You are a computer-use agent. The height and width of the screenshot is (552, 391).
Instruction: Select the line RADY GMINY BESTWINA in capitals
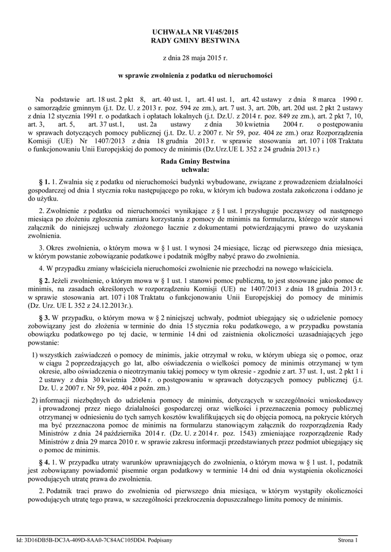(x=195, y=41)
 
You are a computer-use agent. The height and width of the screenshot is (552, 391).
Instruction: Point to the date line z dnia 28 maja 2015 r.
(x=195, y=57)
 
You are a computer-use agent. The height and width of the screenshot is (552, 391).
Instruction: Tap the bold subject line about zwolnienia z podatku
(x=195, y=75)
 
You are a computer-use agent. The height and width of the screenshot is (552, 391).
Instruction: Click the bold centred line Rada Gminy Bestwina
(x=195, y=161)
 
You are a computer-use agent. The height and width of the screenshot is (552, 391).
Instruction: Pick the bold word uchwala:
(x=195, y=169)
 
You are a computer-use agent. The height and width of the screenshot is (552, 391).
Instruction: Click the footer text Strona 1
(x=348, y=540)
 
